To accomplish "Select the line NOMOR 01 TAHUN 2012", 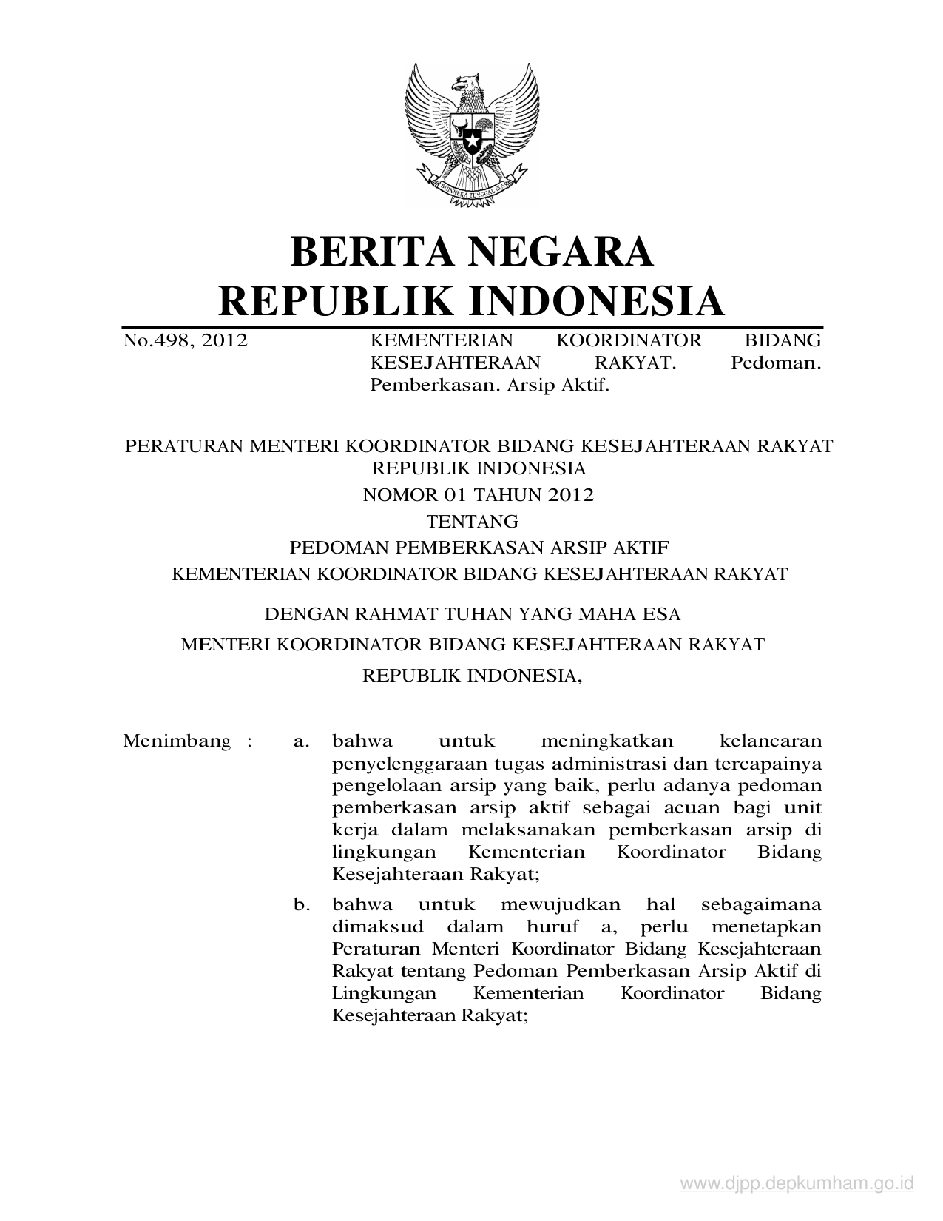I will (x=478, y=494).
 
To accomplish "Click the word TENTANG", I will (x=473, y=521).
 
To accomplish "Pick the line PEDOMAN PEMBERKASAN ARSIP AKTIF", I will (x=479, y=548).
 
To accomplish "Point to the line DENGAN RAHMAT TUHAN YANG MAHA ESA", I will (x=473, y=613).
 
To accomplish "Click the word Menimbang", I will (x=177, y=741).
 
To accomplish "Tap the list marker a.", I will (x=301, y=741).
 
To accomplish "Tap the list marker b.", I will (x=301, y=904).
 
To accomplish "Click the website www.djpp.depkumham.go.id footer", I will (x=797, y=1184).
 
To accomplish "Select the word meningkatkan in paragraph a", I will (x=606, y=741).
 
